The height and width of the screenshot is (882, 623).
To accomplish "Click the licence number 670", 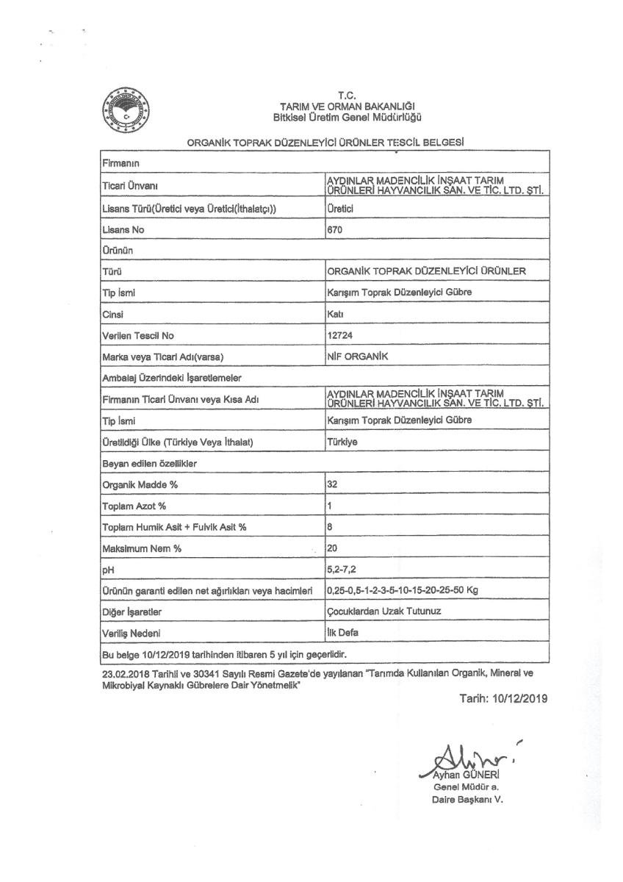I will [335, 229].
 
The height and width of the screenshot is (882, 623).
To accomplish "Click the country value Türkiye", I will [340, 442].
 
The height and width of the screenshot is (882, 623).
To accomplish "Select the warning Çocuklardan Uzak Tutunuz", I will [379, 612].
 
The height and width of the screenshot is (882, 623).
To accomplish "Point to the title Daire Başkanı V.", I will [467, 799].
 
